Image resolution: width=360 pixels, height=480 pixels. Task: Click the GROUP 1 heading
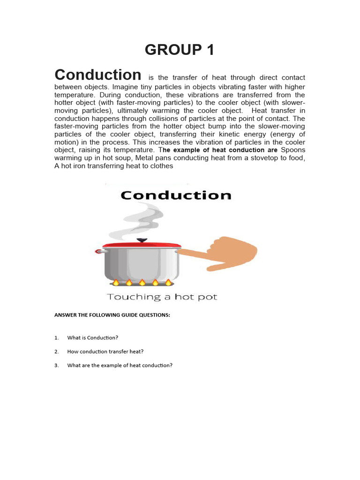(180, 49)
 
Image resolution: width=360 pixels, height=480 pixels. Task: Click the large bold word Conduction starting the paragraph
(97, 75)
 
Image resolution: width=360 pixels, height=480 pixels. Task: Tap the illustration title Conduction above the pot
(175, 195)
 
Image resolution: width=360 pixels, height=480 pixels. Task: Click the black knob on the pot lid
(141, 240)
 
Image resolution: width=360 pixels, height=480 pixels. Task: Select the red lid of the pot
(141, 245)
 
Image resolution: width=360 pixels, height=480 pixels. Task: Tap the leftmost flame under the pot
(116, 283)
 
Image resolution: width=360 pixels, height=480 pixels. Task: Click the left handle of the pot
(99, 251)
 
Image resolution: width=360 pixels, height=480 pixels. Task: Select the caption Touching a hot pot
(162, 297)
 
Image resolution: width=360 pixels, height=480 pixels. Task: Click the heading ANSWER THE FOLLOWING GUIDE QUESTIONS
(112, 315)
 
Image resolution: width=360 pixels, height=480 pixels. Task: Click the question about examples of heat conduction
(120, 366)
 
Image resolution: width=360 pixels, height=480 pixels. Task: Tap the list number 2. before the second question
(56, 352)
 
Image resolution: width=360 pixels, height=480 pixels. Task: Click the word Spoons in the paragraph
(293, 150)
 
